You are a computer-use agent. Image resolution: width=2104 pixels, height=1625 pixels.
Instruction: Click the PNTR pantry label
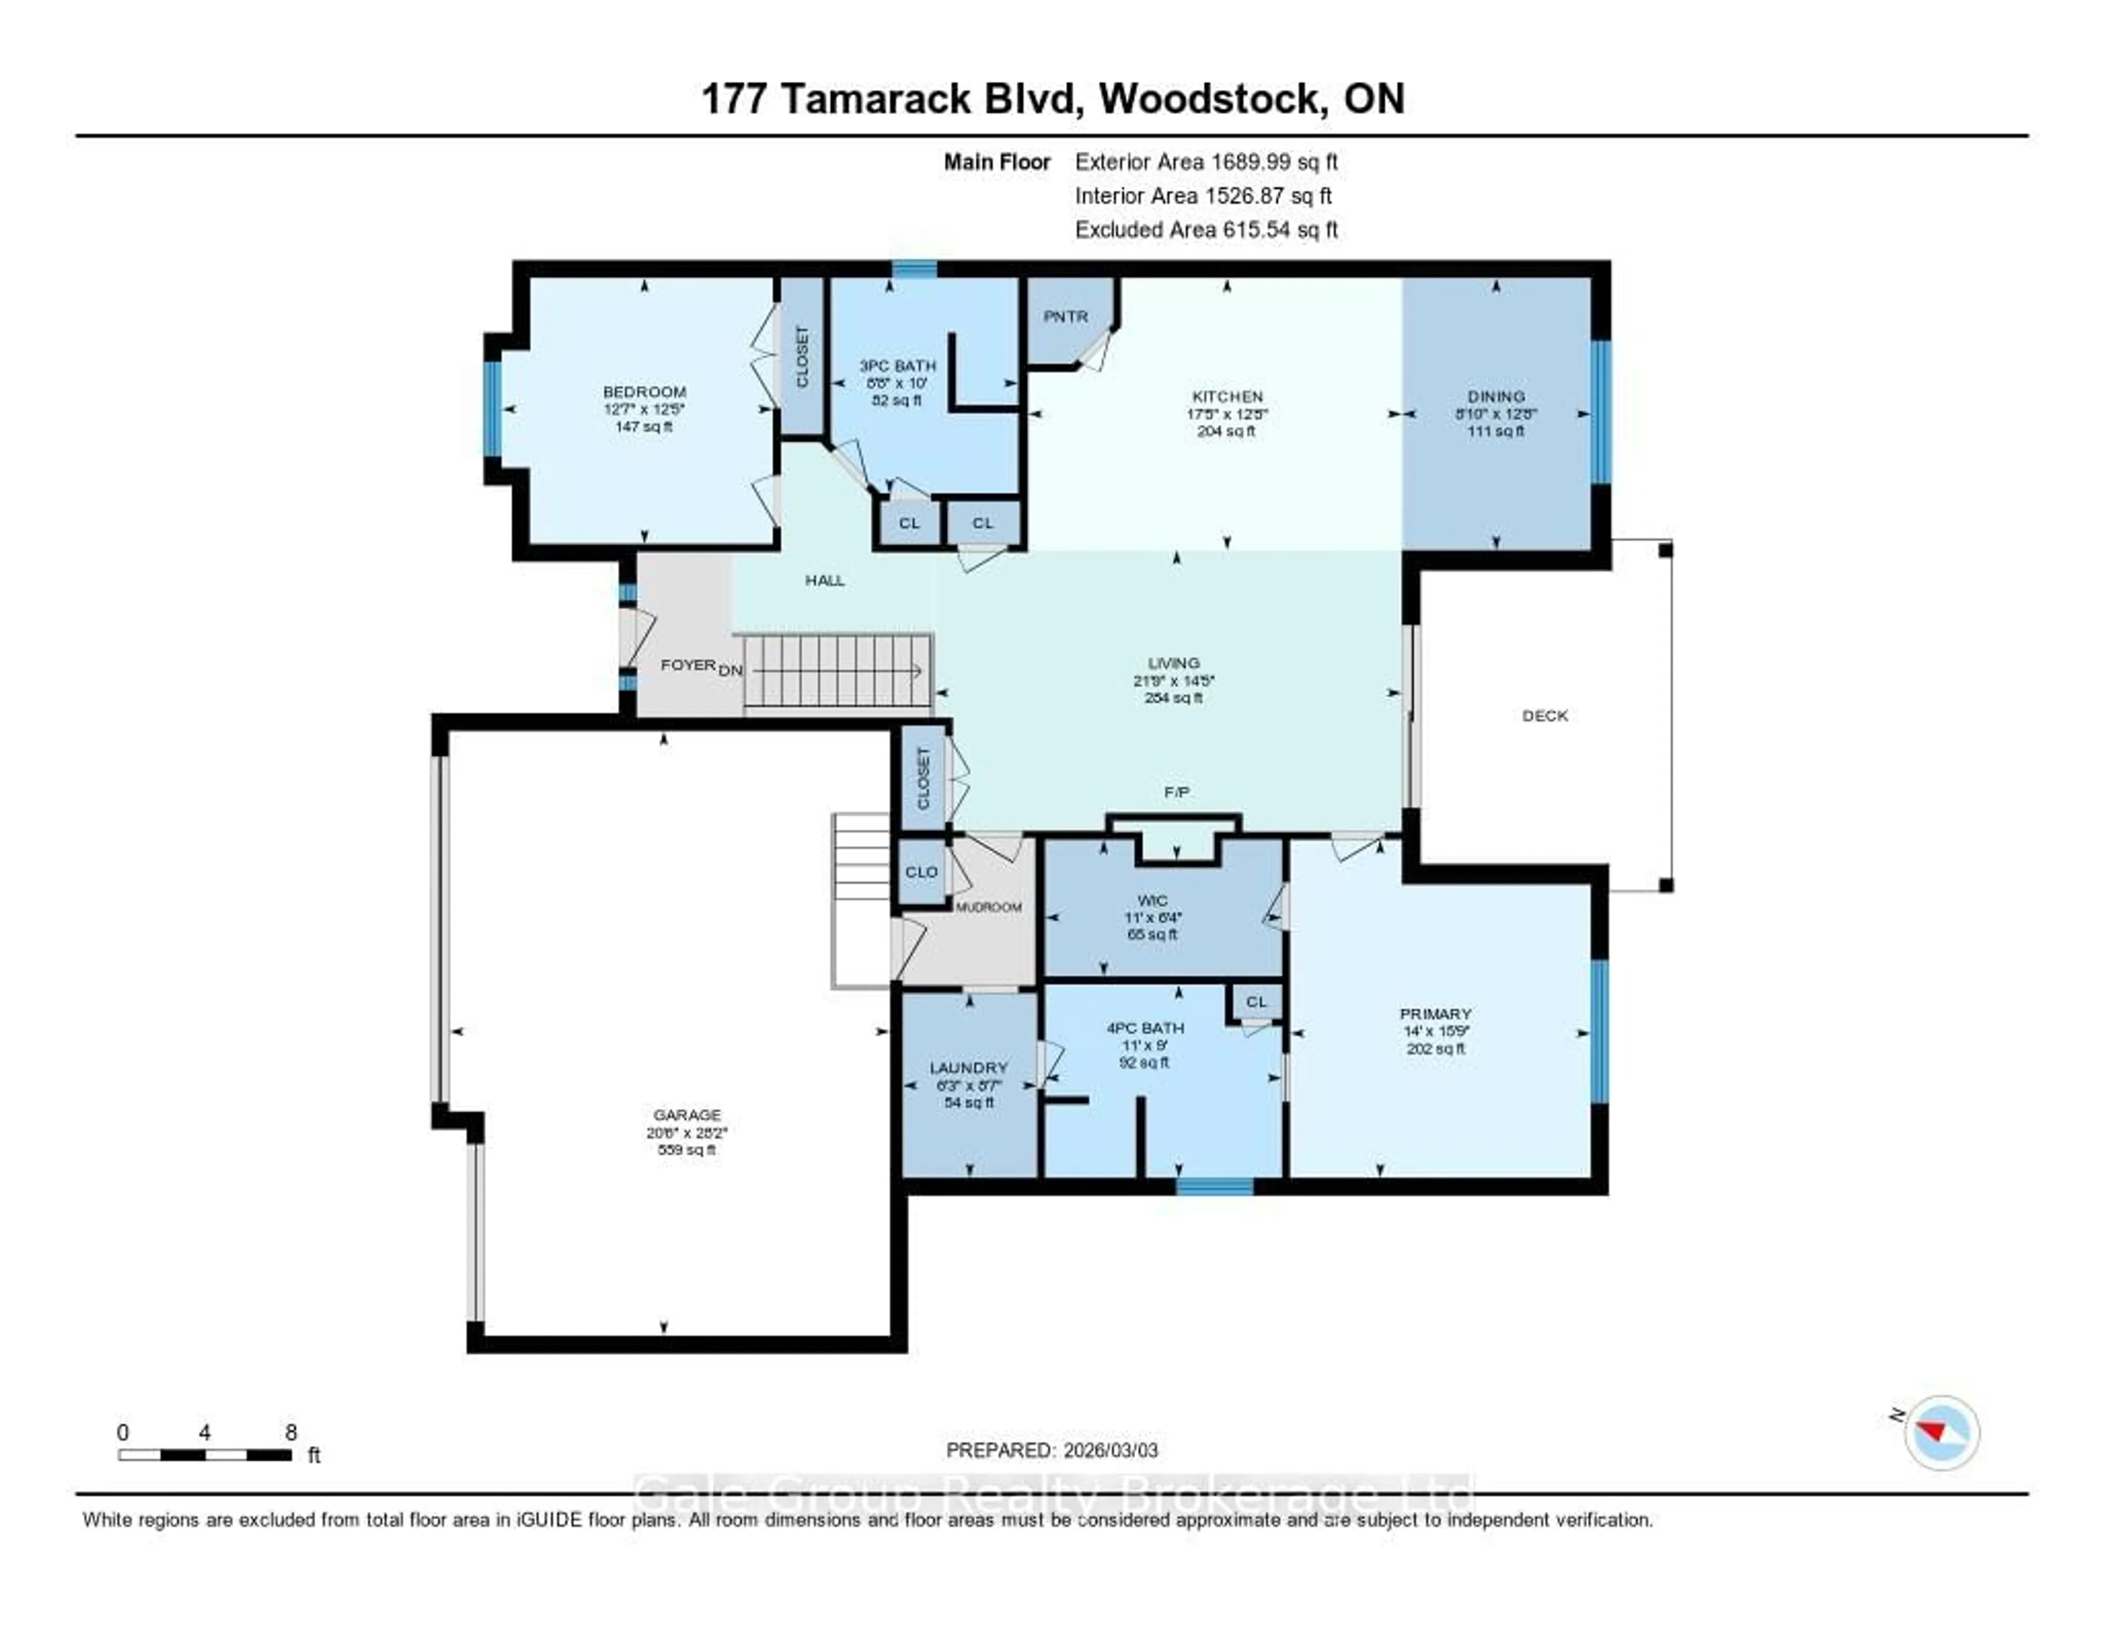[x=1066, y=317]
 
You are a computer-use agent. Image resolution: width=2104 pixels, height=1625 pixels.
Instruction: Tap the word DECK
[x=1544, y=716]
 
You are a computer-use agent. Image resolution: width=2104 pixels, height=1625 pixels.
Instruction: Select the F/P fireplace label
[x=1176, y=792]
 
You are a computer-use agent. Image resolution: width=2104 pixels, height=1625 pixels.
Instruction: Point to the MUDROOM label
[x=988, y=907]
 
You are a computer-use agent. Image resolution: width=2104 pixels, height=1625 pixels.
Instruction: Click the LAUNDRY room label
[x=968, y=1067]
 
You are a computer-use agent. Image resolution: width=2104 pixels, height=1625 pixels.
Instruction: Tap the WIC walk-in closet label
[x=1152, y=901]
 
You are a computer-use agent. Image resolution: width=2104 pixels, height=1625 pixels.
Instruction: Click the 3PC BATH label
[x=897, y=366]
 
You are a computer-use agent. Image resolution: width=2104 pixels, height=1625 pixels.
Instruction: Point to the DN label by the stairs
[x=730, y=670]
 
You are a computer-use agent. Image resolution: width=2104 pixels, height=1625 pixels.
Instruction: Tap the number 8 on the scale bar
[x=291, y=1432]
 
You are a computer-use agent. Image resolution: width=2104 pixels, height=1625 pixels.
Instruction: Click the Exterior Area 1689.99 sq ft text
[x=1206, y=162]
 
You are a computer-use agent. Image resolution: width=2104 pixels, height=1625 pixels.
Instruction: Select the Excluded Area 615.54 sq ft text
[x=1206, y=229]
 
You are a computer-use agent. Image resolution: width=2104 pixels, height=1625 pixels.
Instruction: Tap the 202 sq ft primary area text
[x=1436, y=1048]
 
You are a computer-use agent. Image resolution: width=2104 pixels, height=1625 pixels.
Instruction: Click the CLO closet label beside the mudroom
[x=921, y=872]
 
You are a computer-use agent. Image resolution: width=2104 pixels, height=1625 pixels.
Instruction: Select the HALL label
[x=825, y=580]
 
